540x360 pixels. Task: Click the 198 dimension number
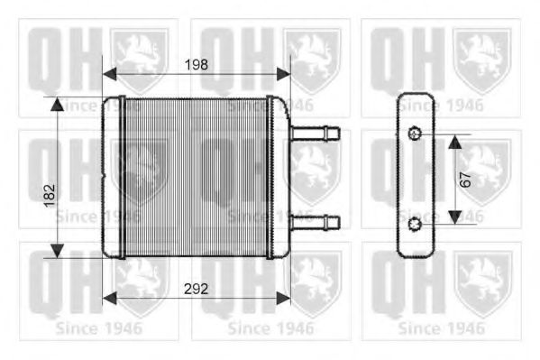(196, 64)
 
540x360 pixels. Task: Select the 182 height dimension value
(50, 191)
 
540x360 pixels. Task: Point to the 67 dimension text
(465, 178)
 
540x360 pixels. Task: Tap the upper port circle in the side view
(414, 135)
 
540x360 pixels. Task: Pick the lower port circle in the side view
(414, 221)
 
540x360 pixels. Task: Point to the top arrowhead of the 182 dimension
(59, 105)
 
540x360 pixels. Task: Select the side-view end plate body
(414, 178)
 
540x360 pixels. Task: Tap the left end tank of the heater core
(114, 176)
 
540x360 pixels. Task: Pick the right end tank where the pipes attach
(278, 176)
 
